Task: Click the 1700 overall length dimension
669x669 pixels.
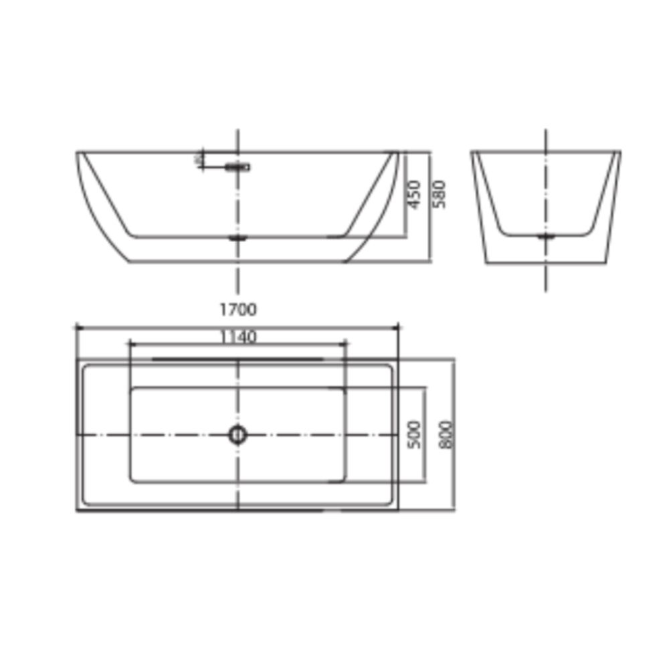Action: pyautogui.click(x=237, y=310)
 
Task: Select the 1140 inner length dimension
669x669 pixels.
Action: pyautogui.click(x=237, y=337)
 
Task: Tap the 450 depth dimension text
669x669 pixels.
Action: pyautogui.click(x=414, y=194)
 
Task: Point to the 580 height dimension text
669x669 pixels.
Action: pyautogui.click(x=439, y=194)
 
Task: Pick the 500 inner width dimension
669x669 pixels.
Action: pyautogui.click(x=414, y=434)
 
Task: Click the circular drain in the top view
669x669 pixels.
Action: pyautogui.click(x=237, y=434)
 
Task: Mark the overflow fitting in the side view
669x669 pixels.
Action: pyautogui.click(x=237, y=166)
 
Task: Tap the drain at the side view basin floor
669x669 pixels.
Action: pyautogui.click(x=237, y=237)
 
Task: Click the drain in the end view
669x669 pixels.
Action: pyautogui.click(x=546, y=235)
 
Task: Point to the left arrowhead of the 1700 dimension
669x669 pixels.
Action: pyautogui.click(x=80, y=328)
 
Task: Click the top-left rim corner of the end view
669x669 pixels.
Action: pyautogui.click(x=472, y=152)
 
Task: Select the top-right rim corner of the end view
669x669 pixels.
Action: pyautogui.click(x=620, y=152)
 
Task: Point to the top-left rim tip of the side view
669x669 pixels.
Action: pyautogui.click(x=77, y=153)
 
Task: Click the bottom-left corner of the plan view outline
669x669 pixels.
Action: pyautogui.click(x=78, y=510)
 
